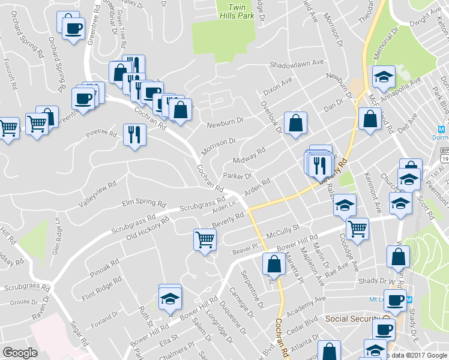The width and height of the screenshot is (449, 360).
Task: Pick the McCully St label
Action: click(x=283, y=229)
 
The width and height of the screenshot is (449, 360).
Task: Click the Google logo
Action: click(x=20, y=353)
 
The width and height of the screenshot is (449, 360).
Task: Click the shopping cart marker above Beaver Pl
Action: click(x=205, y=239)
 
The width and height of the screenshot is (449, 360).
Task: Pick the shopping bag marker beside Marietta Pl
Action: click(x=274, y=263)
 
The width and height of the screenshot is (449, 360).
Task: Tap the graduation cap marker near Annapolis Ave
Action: click(x=384, y=76)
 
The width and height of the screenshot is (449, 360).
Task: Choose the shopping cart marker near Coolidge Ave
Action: click(x=357, y=228)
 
